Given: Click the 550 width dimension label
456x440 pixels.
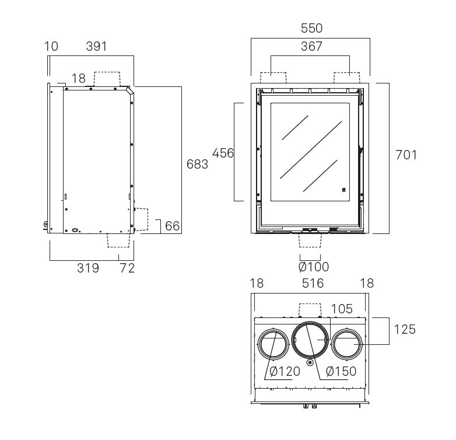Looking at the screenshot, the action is [311, 28].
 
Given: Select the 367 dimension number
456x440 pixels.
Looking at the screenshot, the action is [311, 46].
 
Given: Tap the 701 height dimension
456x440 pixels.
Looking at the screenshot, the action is [406, 155].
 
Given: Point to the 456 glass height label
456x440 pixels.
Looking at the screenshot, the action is [223, 153].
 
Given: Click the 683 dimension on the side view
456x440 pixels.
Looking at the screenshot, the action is [197, 164].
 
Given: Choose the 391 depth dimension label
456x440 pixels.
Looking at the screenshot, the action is [97, 46].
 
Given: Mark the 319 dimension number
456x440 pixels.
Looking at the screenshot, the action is [88, 268].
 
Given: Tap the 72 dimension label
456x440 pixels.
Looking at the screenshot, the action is [127, 268].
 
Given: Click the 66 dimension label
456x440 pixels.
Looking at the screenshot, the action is [173, 226].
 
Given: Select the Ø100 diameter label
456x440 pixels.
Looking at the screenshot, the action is [314, 267].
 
